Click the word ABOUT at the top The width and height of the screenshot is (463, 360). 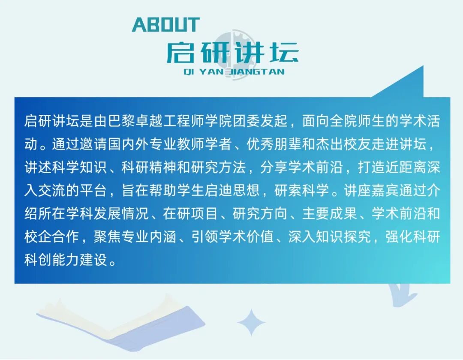click(166, 24)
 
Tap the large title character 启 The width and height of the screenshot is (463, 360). click(180, 53)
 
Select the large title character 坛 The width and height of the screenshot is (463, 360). click(284, 53)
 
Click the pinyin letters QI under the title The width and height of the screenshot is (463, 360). click(189, 72)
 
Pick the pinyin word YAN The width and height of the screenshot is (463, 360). click(211, 72)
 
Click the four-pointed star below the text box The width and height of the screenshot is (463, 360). click(251, 322)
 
